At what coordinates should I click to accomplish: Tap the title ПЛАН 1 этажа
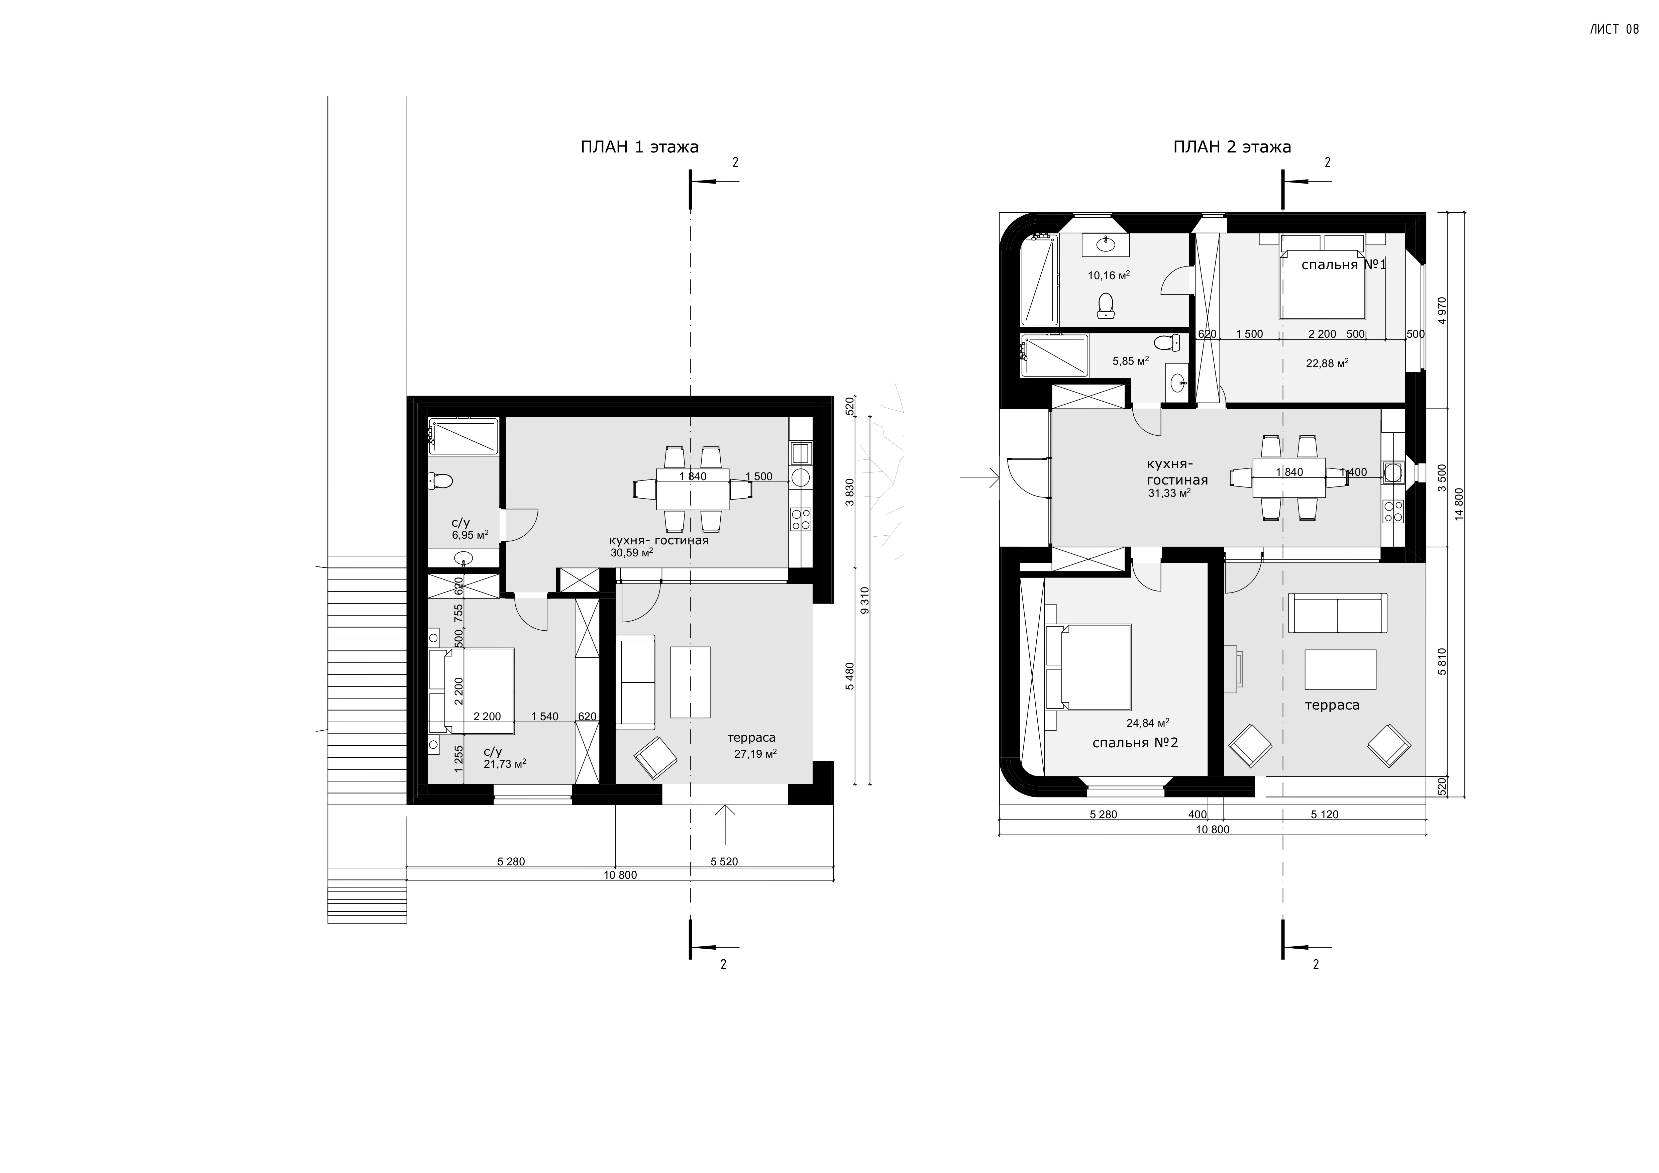(x=639, y=147)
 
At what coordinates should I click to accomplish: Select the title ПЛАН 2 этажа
(x=1232, y=147)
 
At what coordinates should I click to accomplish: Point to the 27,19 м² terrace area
(x=755, y=753)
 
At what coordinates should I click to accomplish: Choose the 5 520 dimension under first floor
(x=724, y=862)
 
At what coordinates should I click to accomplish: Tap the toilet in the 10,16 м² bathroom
(x=1105, y=306)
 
